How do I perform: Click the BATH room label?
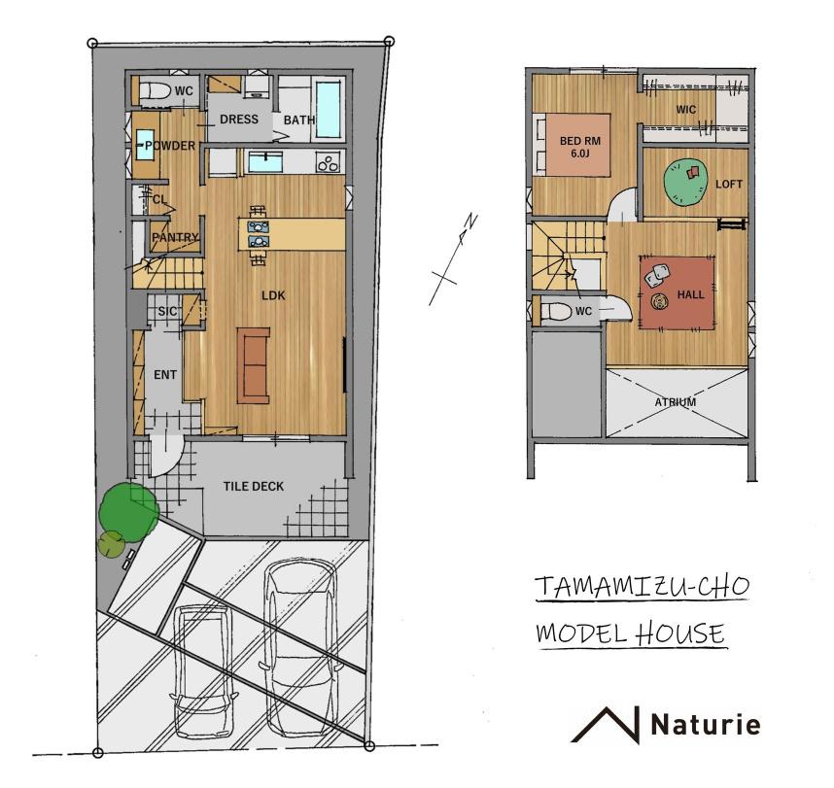click(299, 120)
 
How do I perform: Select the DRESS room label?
click(239, 120)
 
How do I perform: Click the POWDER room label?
click(170, 146)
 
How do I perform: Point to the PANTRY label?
click(175, 237)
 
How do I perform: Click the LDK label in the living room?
click(273, 295)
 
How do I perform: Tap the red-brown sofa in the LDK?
click(253, 365)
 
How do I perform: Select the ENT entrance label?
click(165, 375)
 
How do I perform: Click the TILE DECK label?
click(253, 487)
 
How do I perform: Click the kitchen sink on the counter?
click(265, 161)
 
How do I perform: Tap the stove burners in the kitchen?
click(328, 162)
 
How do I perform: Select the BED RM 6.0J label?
click(579, 148)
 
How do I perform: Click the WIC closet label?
click(685, 110)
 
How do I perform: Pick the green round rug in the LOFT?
click(685, 183)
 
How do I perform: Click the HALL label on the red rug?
click(690, 294)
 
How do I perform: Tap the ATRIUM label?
click(675, 402)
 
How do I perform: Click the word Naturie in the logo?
click(706, 724)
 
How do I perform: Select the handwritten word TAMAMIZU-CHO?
click(642, 587)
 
